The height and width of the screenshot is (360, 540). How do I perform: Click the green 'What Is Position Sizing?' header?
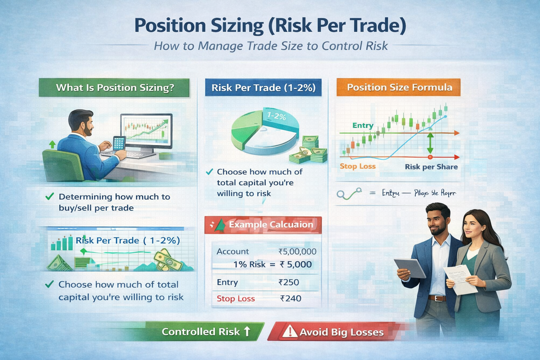point(114,88)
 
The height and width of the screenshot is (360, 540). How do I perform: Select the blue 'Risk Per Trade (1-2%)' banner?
point(263,88)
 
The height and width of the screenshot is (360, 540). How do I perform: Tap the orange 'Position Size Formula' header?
point(399,87)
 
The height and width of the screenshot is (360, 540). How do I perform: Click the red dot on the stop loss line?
point(430,157)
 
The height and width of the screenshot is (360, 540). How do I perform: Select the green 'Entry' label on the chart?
point(363,126)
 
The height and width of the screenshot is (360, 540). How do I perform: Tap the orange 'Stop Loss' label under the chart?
point(358,166)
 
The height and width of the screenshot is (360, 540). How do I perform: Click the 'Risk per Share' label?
point(431,167)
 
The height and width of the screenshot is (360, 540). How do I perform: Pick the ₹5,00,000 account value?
point(297,251)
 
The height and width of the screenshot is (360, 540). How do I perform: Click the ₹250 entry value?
point(289,282)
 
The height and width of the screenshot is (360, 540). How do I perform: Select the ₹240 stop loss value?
point(291,298)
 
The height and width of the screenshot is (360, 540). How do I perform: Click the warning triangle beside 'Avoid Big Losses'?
point(290,331)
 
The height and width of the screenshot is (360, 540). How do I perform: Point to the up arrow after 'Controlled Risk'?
point(247,331)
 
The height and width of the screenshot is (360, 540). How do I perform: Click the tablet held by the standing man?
point(410,268)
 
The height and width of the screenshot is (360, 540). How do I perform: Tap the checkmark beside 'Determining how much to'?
point(50,197)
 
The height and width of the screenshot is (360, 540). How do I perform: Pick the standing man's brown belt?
point(437,298)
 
